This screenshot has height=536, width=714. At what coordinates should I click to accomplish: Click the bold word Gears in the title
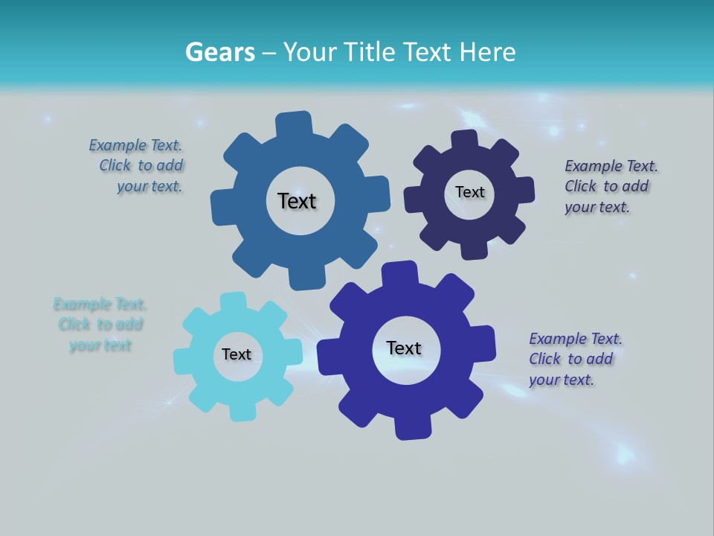220,52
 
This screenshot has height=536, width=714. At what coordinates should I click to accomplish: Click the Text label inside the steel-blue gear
297,201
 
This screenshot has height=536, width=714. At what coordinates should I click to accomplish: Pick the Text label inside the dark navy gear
470,192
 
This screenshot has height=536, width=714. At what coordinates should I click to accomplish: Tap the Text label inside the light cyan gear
237,354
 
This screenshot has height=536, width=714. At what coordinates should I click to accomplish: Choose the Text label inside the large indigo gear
404,348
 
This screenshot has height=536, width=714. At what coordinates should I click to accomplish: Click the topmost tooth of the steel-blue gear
293,124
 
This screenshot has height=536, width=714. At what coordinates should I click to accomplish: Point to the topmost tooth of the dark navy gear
465,141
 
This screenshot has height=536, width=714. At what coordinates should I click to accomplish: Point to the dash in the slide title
270,52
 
